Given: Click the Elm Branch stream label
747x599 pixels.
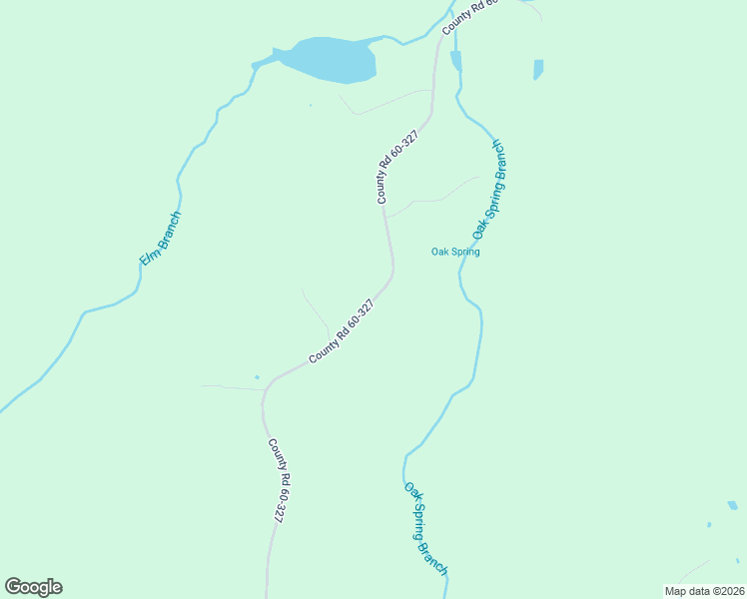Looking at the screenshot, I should coord(161,240).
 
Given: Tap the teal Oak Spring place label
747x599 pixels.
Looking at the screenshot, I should coord(455,252).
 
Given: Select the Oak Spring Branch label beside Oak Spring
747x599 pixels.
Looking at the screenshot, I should coord(490,190).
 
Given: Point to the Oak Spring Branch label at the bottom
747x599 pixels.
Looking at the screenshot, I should coord(426,528).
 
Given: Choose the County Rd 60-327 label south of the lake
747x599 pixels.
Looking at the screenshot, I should coord(396,168).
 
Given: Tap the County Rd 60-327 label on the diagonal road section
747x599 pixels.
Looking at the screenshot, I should coord(342,330).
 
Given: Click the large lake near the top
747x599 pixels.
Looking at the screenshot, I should coord(333,60).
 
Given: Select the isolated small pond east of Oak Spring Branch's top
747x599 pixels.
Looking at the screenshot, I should coord(538,69).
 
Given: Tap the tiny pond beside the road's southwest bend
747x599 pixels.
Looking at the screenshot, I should coord(257,377).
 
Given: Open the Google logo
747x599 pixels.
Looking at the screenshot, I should coord(33,587).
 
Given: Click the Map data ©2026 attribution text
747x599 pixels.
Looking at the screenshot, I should coord(704,591).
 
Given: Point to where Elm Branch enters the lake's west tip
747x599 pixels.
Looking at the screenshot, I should coord(256,66).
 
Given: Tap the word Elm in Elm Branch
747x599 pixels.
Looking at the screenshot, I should coord(150,258).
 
